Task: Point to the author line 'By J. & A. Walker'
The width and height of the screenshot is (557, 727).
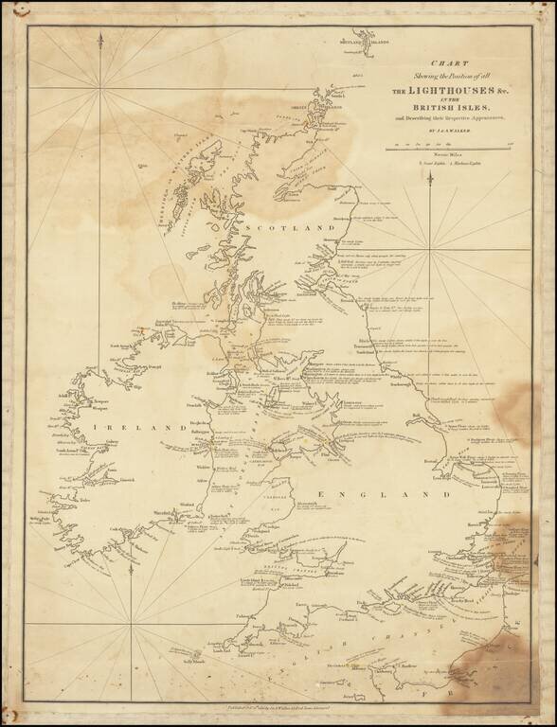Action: point(441,131)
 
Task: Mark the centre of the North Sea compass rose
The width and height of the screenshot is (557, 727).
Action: point(431,250)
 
